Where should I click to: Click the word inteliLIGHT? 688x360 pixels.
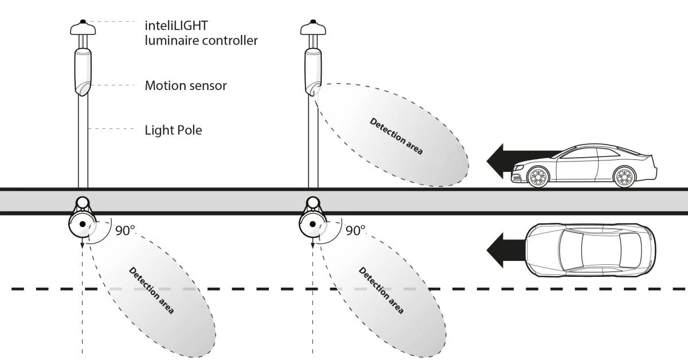pyautogui.click(x=177, y=26)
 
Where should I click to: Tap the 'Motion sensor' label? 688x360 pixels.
pyautogui.click(x=186, y=85)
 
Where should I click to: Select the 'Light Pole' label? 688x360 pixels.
pyautogui.click(x=173, y=130)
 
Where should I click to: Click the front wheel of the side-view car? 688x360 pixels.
pyautogui.click(x=538, y=177)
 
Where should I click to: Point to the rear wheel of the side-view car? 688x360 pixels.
pyautogui.click(x=624, y=177)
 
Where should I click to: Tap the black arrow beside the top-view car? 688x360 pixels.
pyautogui.click(x=506, y=250)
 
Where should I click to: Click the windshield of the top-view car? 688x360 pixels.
pyautogui.click(x=570, y=250)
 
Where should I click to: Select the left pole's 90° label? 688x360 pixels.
pyautogui.click(x=125, y=230)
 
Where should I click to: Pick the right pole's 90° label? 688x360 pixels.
pyautogui.click(x=355, y=230)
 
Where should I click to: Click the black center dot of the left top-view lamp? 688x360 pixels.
pyautogui.click(x=83, y=224)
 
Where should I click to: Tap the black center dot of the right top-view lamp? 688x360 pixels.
pyautogui.click(x=312, y=224)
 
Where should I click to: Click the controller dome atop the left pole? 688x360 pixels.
pyautogui.click(x=83, y=28)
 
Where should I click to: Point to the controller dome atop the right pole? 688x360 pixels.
pyautogui.click(x=313, y=28)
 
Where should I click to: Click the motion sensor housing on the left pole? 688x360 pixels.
pyautogui.click(x=83, y=72)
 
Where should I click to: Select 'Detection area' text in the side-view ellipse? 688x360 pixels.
pyautogui.click(x=396, y=136)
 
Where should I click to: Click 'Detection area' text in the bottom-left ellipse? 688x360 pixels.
pyautogui.click(x=151, y=290)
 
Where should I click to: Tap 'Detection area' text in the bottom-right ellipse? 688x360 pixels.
pyautogui.click(x=381, y=290)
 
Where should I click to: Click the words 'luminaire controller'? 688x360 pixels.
pyautogui.click(x=201, y=41)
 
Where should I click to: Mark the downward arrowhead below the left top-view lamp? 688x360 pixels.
pyautogui.click(x=83, y=245)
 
